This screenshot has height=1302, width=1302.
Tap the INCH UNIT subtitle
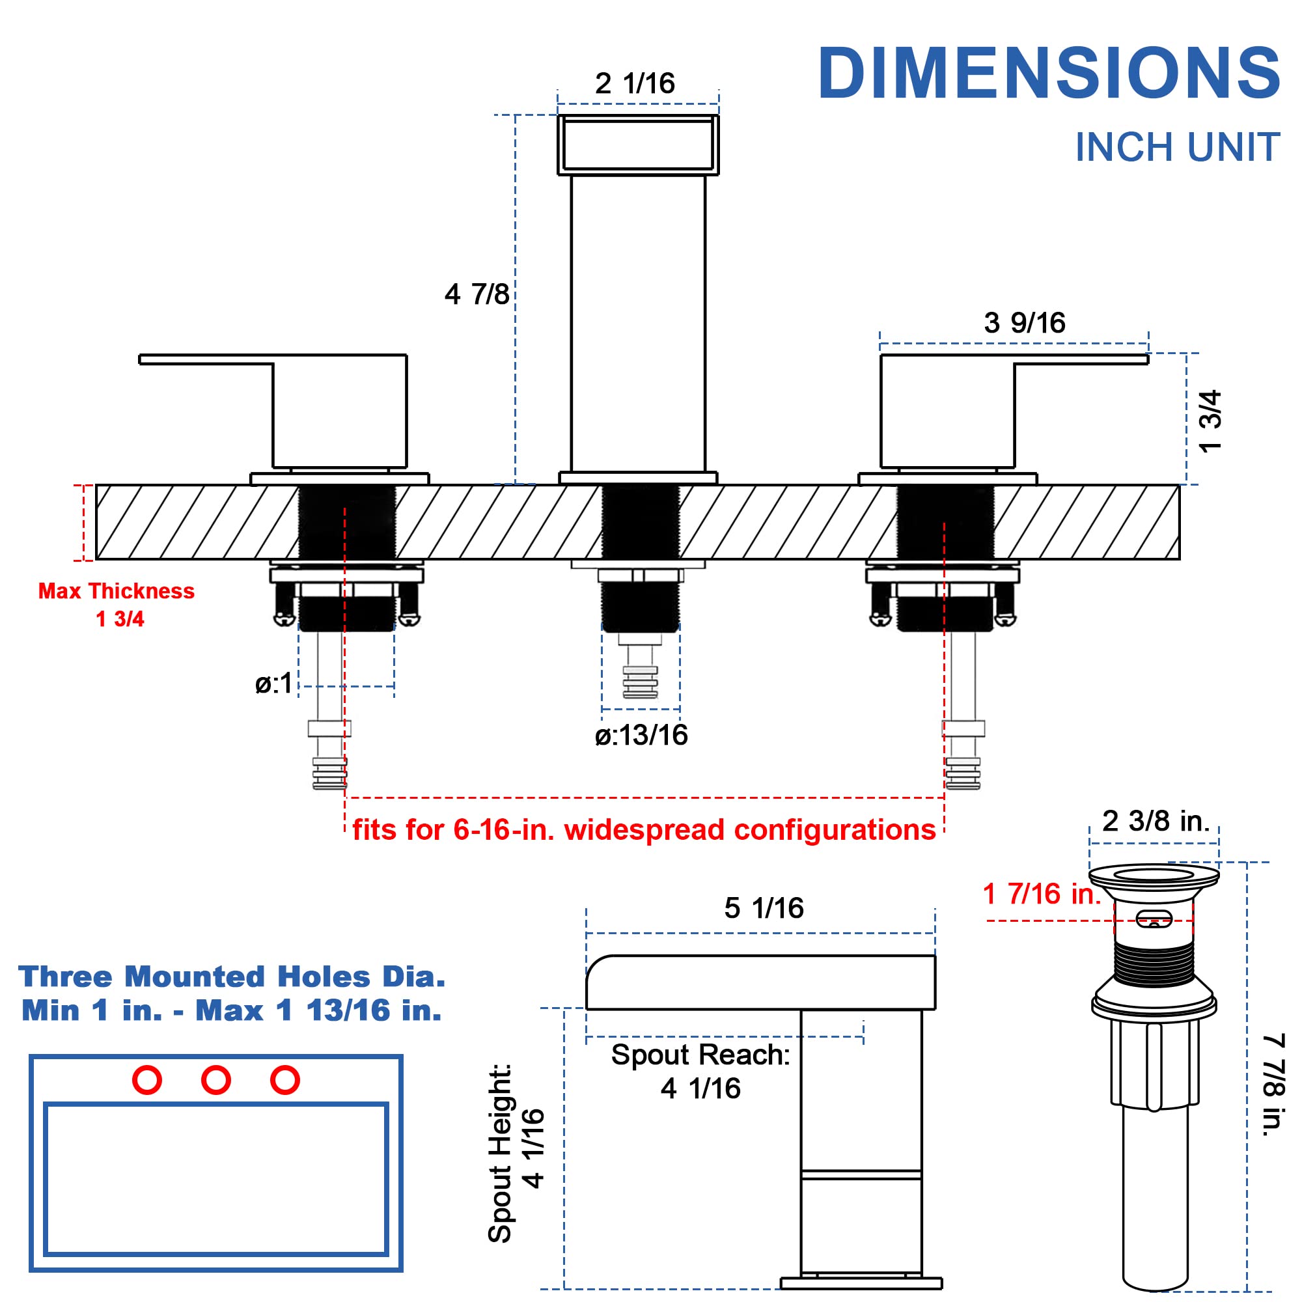point(1177,147)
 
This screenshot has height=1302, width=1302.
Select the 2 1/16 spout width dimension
point(635,83)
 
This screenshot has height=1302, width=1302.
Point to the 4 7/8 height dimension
point(477,294)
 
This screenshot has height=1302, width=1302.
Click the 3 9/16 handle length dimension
point(1024,323)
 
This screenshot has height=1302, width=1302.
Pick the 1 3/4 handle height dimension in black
point(1210,421)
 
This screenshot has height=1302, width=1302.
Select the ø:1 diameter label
point(273,684)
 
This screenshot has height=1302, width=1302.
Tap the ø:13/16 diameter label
point(641,735)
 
